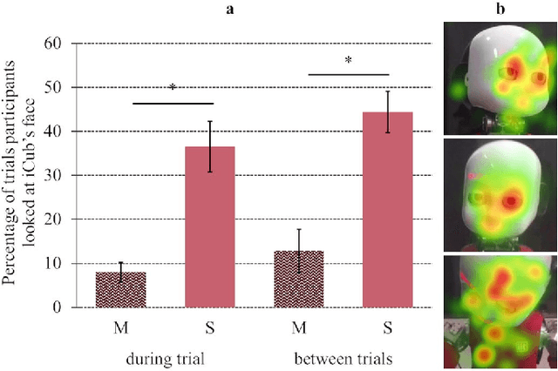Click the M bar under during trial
click(x=120, y=290)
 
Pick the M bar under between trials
click(x=299, y=280)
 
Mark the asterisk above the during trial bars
click(x=173, y=88)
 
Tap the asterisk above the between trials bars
click(x=348, y=61)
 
